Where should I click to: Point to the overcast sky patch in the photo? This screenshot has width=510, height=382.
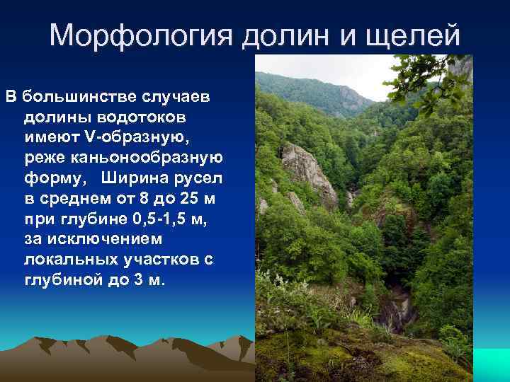pos(354,71)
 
